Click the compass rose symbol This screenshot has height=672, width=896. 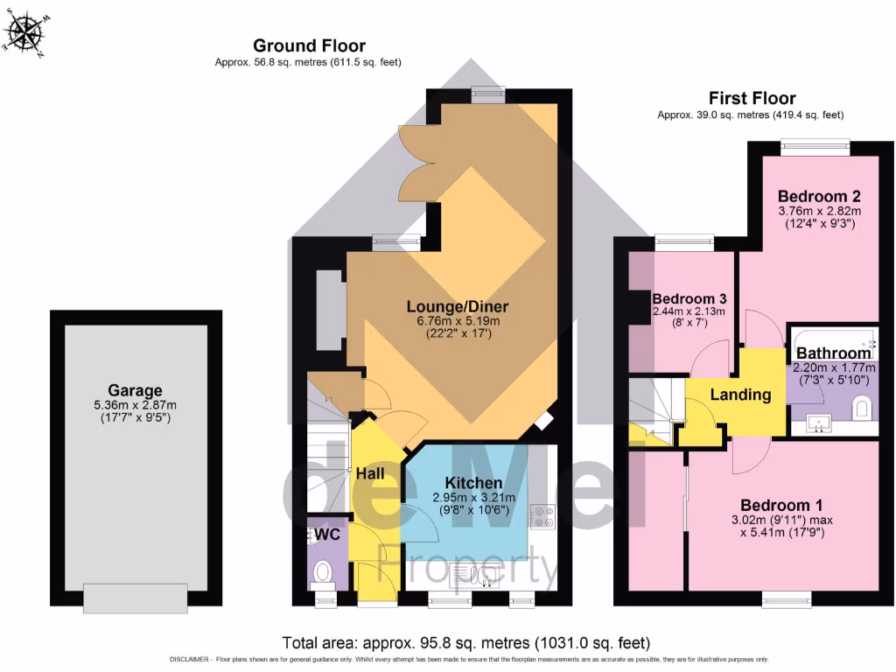coord(24,33)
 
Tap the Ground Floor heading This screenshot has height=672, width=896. coord(309,45)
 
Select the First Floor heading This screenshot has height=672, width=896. coord(752,98)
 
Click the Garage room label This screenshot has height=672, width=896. coord(136,390)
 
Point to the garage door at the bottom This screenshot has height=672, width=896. coord(136,598)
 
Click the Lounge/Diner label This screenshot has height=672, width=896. coord(457,306)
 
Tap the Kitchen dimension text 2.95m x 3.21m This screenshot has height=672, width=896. coord(473,497)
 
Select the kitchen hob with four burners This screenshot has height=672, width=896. coord(542,516)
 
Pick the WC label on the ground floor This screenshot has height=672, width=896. coord(327,533)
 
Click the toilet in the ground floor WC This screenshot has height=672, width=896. coord(322,573)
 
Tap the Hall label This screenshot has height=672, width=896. coord(370,472)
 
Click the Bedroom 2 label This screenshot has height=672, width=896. coord(813,196)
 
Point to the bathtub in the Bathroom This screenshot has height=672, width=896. coord(832,338)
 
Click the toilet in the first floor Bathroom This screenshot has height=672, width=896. coord(862,408)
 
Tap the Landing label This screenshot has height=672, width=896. coord(739,395)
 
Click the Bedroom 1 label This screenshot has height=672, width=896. coord(781,505)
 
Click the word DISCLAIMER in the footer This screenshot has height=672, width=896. coord(187,660)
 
